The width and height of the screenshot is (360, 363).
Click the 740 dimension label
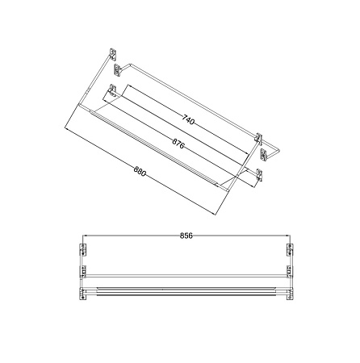click(x=188, y=119)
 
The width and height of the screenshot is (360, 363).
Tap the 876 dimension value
click(x=178, y=144)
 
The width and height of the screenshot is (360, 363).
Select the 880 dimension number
click(x=140, y=171)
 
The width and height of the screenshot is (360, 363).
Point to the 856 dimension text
click(x=186, y=236)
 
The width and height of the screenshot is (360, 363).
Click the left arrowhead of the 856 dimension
click(x=85, y=236)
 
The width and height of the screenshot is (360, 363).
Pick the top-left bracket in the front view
click(x=83, y=249)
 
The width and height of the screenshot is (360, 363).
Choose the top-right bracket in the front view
click(x=290, y=249)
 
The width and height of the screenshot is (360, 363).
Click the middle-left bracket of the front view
click(x=83, y=272)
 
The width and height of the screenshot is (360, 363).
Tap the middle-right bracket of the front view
click(x=290, y=272)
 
